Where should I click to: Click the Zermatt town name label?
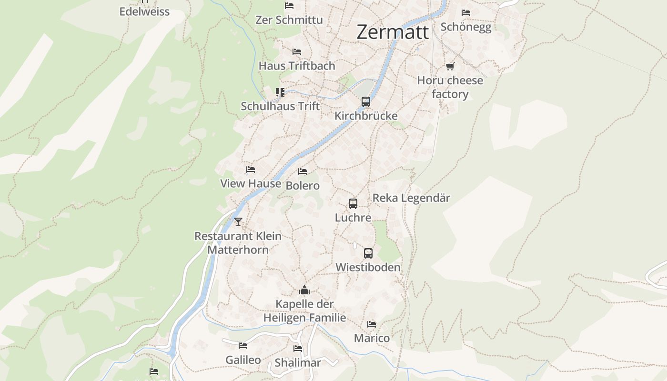pyautogui.click(x=393, y=32)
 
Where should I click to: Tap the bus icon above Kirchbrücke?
pyautogui.click(x=365, y=101)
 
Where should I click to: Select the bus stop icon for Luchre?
pyautogui.click(x=353, y=204)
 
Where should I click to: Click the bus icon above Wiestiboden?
pyautogui.click(x=368, y=253)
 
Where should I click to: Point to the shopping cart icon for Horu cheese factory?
pyautogui.click(x=450, y=66)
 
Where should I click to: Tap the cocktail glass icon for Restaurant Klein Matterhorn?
pyautogui.click(x=238, y=221)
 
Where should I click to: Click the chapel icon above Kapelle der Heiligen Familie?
pyautogui.click(x=304, y=290)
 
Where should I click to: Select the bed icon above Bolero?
pyautogui.click(x=302, y=171)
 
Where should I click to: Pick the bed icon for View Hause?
pyautogui.click(x=250, y=170)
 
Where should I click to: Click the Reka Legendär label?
pyautogui.click(x=411, y=198)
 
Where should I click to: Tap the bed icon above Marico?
pyautogui.click(x=372, y=324)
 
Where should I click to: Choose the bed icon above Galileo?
pyautogui.click(x=243, y=346)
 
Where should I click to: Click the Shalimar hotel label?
pyautogui.click(x=298, y=362)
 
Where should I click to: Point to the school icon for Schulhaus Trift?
pyautogui.click(x=280, y=92)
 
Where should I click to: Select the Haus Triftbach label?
pyautogui.click(x=297, y=66)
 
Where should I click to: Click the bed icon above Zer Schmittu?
pyautogui.click(x=289, y=6)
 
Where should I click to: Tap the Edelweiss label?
pyautogui.click(x=144, y=11)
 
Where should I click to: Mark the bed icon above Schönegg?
pyautogui.click(x=465, y=13)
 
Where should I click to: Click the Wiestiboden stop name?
pyautogui.click(x=368, y=267)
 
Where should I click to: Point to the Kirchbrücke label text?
pyautogui.click(x=365, y=116)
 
